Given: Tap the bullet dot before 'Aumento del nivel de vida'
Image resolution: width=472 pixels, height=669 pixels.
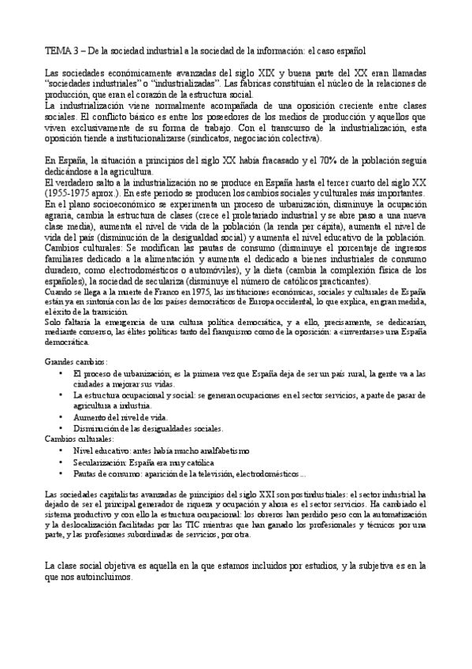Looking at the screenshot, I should tap(62, 417).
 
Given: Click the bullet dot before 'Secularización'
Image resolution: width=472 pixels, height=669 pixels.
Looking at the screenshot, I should tap(62, 461).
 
